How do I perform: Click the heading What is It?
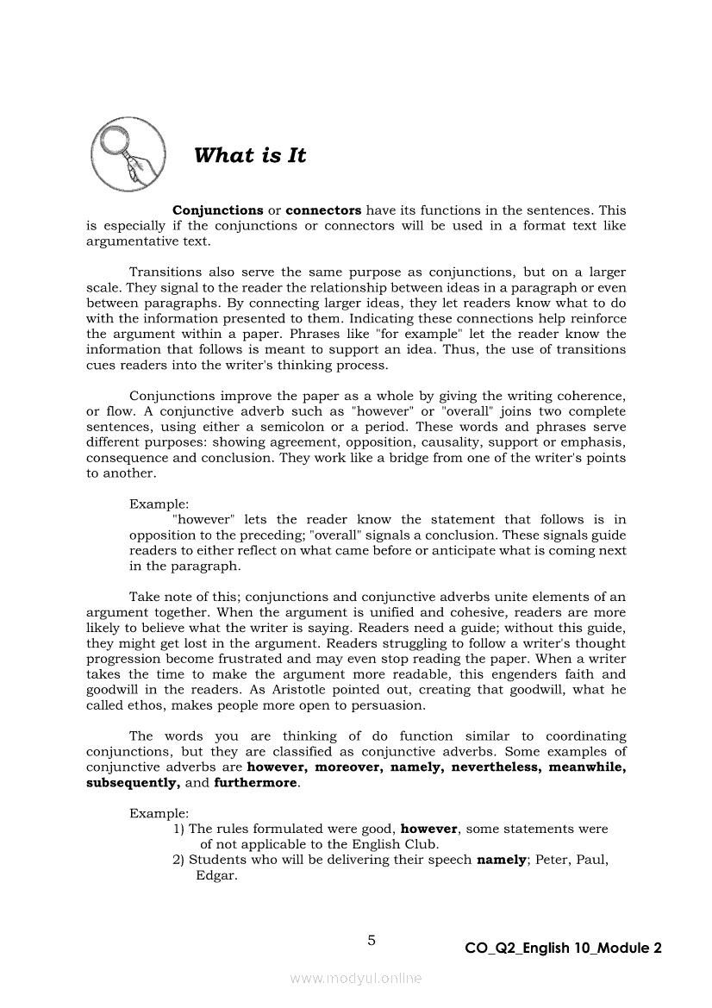[x=250, y=156]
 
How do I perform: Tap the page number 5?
[x=372, y=941]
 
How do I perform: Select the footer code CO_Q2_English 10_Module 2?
[x=563, y=949]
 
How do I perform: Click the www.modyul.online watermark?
[x=356, y=979]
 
